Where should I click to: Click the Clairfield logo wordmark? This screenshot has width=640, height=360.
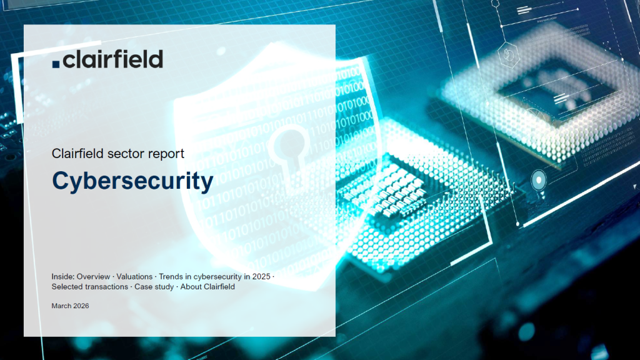point(107,59)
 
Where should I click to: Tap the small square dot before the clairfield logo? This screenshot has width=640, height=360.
point(56,64)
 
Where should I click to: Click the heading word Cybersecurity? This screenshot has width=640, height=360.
point(132,181)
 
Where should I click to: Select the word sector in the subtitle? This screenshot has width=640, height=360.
point(126,154)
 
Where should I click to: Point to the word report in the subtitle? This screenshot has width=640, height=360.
point(166,154)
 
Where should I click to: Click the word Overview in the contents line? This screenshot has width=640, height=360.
point(93,277)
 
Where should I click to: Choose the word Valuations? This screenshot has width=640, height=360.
point(134,277)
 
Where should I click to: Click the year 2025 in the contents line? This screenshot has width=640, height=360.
point(261,277)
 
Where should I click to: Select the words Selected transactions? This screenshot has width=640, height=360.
point(90,287)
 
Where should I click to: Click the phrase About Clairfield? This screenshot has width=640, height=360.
point(207,287)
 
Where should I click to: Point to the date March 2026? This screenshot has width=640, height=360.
point(70,306)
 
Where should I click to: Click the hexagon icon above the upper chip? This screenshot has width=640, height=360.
point(509,54)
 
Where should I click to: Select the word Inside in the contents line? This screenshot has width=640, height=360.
point(62,277)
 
